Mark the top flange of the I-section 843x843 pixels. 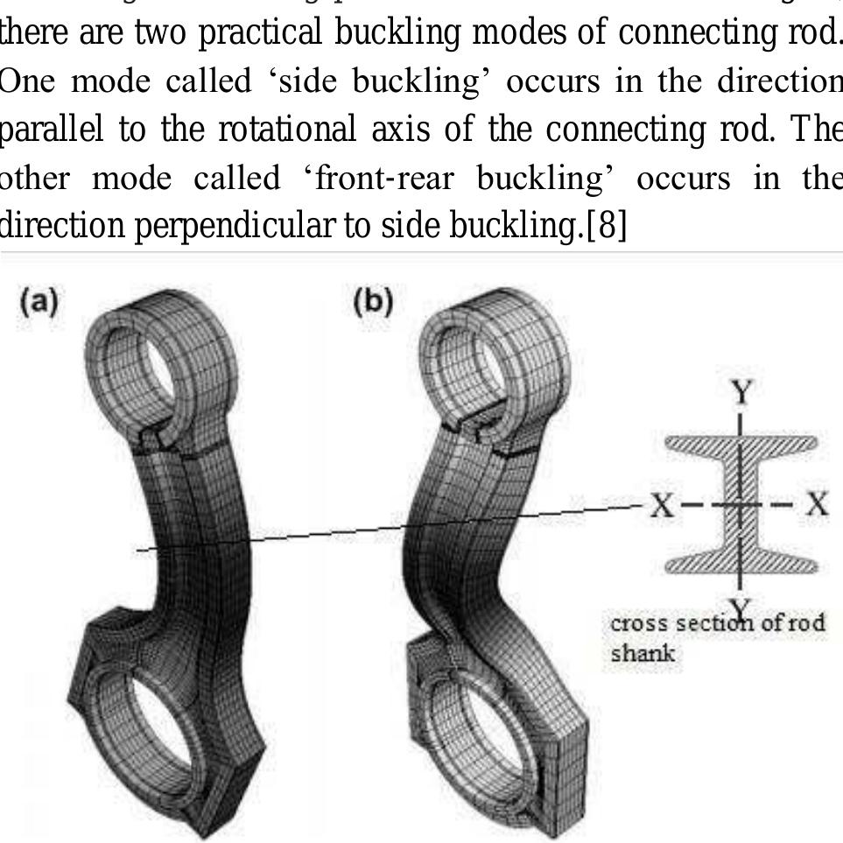point(741,444)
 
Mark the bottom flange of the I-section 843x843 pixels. point(741,566)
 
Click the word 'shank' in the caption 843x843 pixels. point(635,653)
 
